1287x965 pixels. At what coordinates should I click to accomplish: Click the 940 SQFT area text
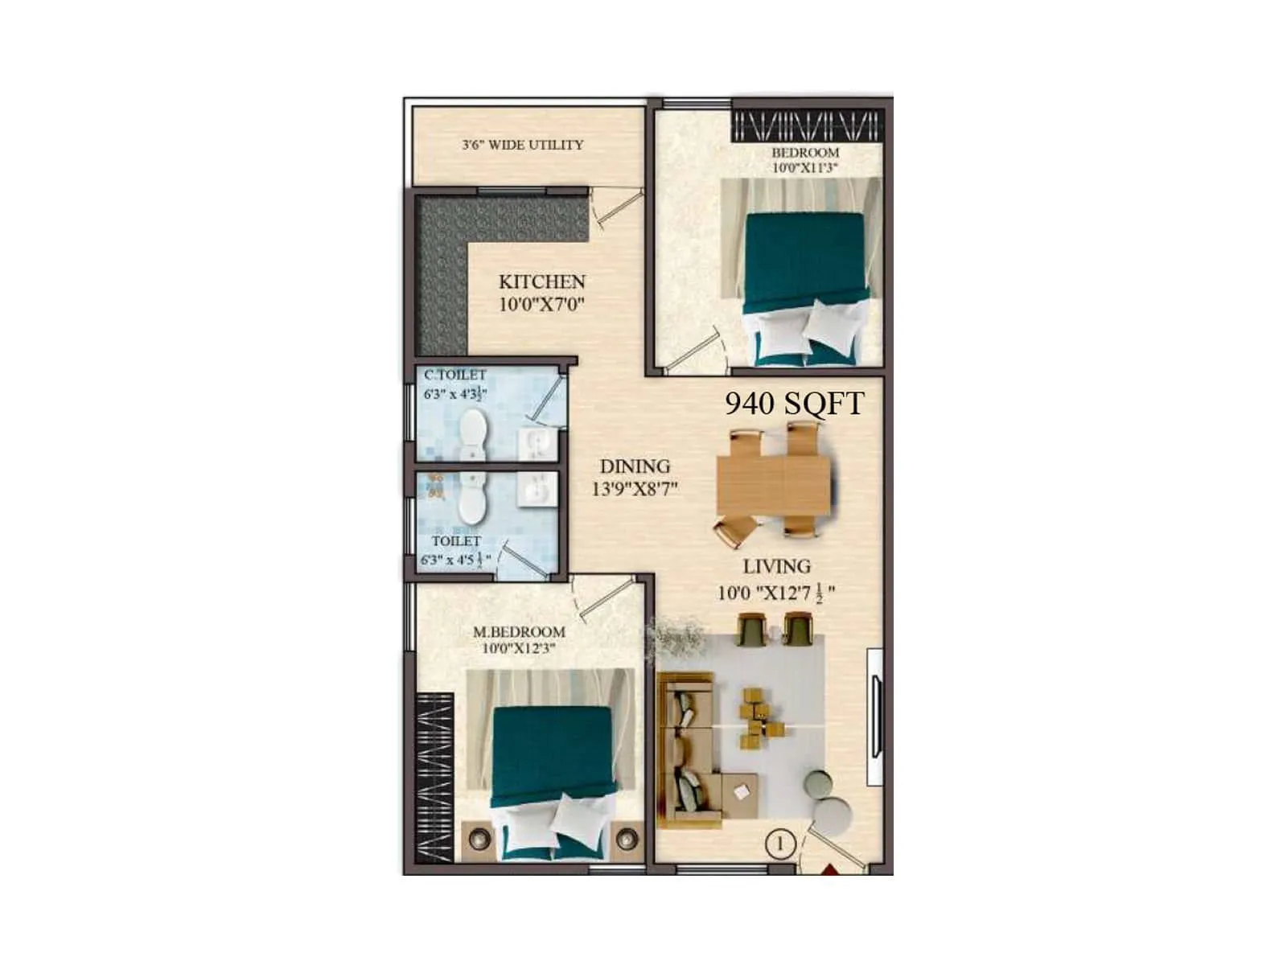(x=794, y=403)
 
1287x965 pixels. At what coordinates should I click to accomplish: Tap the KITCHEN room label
(x=541, y=282)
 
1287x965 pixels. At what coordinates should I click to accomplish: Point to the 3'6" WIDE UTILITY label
(x=522, y=145)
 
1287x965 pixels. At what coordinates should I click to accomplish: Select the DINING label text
(x=635, y=466)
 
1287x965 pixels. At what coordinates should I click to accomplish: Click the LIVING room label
(x=776, y=566)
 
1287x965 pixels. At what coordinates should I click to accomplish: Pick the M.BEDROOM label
(x=519, y=632)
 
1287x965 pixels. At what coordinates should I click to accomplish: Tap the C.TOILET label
(x=455, y=375)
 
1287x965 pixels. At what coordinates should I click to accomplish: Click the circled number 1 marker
(x=779, y=844)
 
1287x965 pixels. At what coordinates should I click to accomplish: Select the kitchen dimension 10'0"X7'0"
(x=541, y=304)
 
